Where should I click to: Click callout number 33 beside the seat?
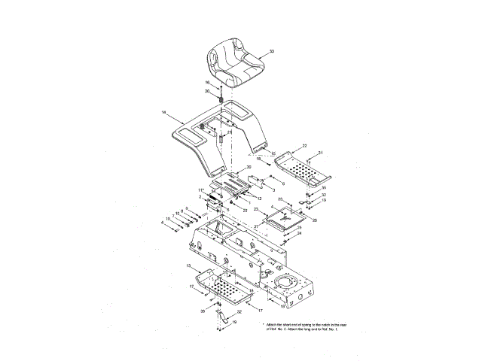[x=272, y=51]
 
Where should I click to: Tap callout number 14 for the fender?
[x=163, y=113]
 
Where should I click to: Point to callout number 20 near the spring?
[x=207, y=91]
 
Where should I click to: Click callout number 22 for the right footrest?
[x=305, y=145]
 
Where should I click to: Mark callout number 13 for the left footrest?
[x=189, y=267]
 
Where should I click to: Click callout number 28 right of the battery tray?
[x=315, y=220]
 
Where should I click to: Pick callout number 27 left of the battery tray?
[x=256, y=225]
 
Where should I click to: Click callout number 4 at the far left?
[x=161, y=223]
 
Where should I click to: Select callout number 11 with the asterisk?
[x=201, y=190]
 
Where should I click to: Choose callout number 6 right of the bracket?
[x=283, y=183]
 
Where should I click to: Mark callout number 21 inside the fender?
[x=209, y=132]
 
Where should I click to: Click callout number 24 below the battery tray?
[x=299, y=233]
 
